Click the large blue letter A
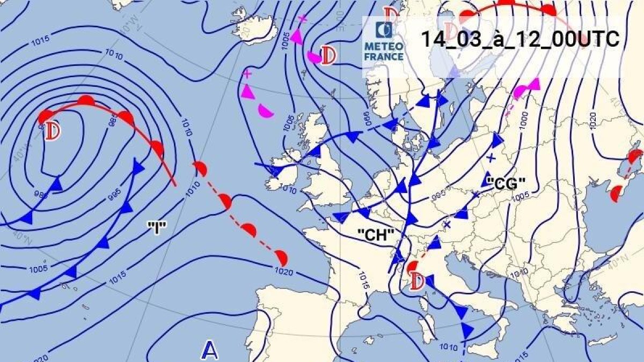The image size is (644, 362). pos(210,351)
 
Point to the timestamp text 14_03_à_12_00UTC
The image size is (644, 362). pos(519,39)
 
